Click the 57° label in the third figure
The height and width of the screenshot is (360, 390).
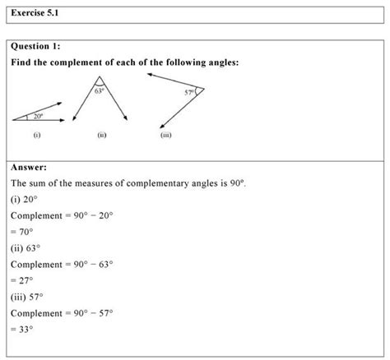pyautogui.click(x=189, y=92)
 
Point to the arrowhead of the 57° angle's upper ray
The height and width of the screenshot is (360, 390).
pyautogui.click(x=150, y=74)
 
